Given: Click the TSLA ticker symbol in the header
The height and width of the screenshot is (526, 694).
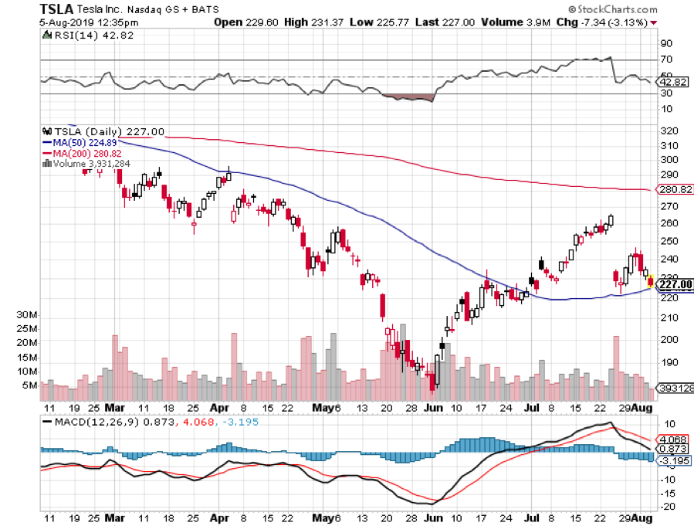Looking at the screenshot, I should coord(22,9).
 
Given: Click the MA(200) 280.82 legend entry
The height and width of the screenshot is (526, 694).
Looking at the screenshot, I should coord(85,152).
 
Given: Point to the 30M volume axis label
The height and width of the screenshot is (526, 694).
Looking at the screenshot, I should coord(27,315).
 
